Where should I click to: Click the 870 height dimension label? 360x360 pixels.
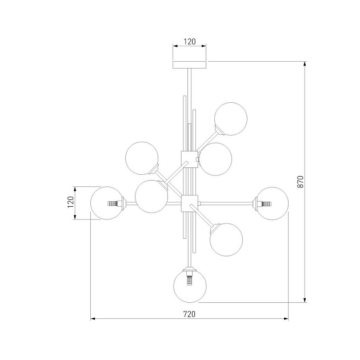tap(301, 182)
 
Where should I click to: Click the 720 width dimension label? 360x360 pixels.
tap(189, 314)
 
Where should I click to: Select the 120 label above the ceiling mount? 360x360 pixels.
tap(190, 42)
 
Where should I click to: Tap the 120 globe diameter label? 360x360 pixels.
tap(71, 202)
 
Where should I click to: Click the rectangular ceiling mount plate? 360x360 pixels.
tap(190, 65)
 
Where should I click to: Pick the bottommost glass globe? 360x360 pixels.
tap(190, 286)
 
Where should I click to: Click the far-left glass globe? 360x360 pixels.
tap(107, 203)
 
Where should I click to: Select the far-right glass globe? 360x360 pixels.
tap(273, 203)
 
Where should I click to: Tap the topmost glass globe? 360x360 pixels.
tap(231, 119)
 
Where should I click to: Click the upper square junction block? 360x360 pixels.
tap(189, 159)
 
